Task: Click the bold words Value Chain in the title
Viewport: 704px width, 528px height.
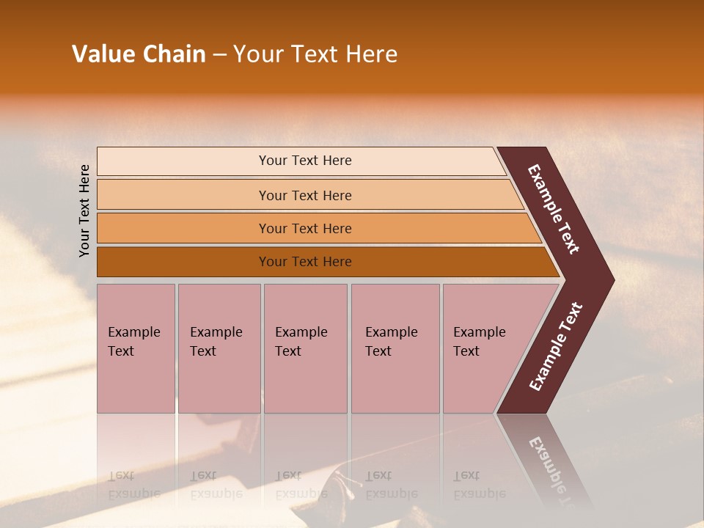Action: click(x=139, y=54)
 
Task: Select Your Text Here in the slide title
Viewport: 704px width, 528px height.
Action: click(x=315, y=54)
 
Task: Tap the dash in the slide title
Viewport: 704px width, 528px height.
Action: click(x=219, y=55)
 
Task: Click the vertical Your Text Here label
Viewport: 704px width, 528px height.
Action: click(x=84, y=210)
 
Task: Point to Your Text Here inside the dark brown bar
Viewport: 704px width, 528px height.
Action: click(x=305, y=262)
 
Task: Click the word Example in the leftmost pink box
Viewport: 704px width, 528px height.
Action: click(x=133, y=332)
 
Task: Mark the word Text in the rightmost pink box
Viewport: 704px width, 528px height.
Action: click(x=466, y=351)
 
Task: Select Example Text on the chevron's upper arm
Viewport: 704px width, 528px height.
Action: click(x=554, y=209)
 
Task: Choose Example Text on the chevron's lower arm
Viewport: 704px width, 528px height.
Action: click(x=555, y=347)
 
